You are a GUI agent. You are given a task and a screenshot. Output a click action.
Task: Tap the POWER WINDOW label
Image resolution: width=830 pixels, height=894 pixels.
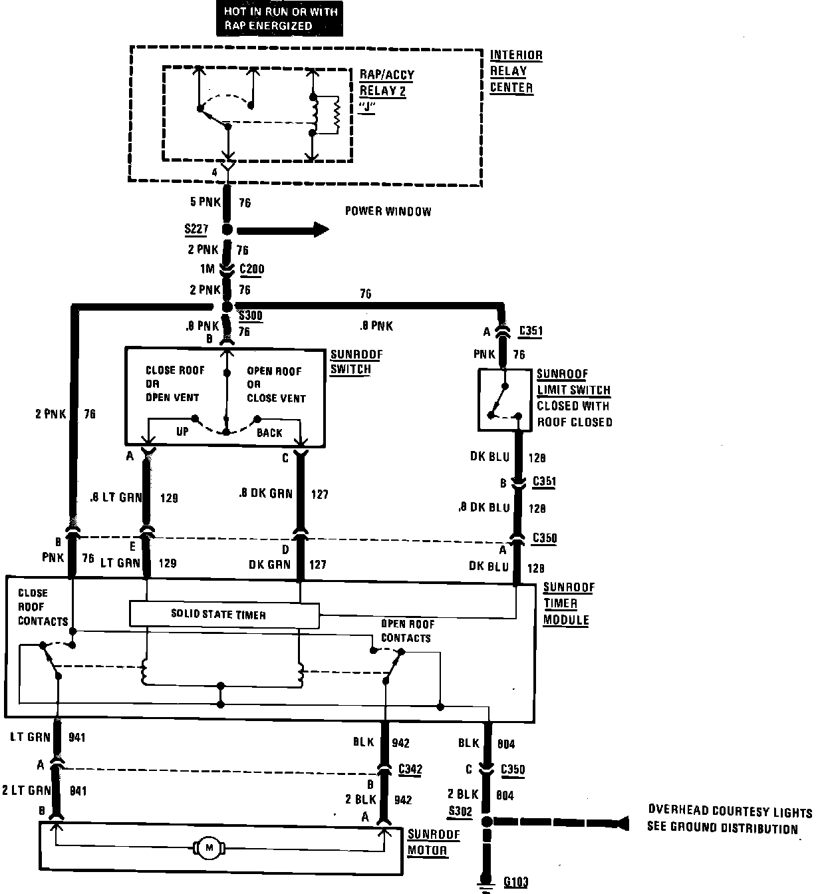388,212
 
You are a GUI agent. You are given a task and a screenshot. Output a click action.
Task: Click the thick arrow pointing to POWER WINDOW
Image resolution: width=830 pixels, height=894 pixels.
283,230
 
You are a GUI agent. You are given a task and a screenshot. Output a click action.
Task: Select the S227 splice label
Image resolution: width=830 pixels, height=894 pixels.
196,229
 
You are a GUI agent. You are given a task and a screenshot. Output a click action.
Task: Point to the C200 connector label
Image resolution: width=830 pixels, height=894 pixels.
251,269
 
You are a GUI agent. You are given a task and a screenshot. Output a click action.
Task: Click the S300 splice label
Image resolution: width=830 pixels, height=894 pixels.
251,316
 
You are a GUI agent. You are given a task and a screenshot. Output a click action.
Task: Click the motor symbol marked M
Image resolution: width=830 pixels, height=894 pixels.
209,847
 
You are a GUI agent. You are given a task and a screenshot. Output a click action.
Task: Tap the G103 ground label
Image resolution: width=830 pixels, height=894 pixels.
515,883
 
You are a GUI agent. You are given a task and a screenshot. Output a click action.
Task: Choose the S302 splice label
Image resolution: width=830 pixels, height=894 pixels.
460,812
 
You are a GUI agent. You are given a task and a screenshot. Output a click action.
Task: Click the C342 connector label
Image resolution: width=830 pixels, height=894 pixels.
410,769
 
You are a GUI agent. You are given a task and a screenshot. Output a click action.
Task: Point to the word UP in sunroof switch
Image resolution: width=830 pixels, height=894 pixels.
182,432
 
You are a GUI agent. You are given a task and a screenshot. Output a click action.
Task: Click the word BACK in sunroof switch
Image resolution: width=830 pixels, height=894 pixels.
269,433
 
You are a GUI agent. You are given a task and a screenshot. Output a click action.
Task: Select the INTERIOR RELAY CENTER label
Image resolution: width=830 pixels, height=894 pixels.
515,71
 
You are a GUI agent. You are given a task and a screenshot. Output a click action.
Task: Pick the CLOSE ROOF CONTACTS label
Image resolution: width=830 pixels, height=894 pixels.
42,607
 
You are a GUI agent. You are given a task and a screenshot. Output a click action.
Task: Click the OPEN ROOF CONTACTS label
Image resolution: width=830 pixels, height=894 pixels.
406,631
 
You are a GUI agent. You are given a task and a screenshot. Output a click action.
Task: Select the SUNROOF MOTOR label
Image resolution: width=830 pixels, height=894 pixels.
436,842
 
